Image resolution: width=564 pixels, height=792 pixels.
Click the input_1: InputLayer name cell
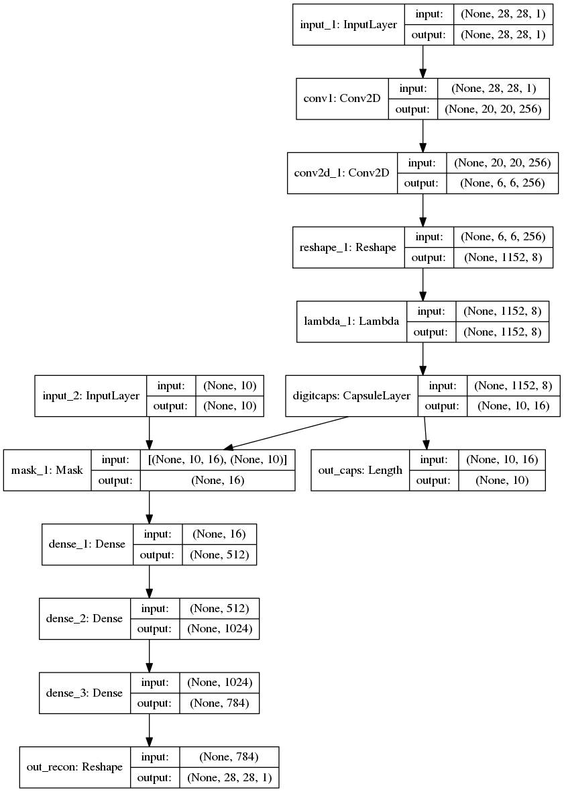pyautogui.click(x=349, y=24)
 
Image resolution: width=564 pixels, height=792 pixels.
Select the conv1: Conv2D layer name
pyautogui.click(x=342, y=99)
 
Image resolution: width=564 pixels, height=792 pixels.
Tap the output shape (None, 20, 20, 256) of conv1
pyautogui.click(x=494, y=109)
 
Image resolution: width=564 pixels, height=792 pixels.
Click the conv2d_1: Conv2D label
pyautogui.click(x=341, y=172)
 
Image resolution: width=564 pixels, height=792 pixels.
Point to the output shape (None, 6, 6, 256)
pyautogui.click(x=502, y=183)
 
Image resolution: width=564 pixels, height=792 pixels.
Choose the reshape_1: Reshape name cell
pyautogui.click(x=348, y=247)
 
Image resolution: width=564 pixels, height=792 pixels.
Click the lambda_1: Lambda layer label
pyautogui.click(x=351, y=321)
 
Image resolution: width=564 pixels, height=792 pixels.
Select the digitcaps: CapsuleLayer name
pyautogui.click(x=351, y=395)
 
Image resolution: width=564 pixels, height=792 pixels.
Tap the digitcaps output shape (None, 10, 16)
pyautogui.click(x=514, y=405)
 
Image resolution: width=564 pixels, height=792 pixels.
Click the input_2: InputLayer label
pyautogui.click(x=91, y=395)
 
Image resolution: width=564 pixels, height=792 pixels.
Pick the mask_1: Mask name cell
pyautogui.click(x=47, y=470)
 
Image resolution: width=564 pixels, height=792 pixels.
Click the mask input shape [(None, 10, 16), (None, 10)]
pyautogui.click(x=217, y=460)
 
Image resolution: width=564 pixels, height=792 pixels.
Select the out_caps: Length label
pyautogui.click(x=360, y=470)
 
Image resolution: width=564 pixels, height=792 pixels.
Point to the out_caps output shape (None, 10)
pyautogui.click(x=502, y=481)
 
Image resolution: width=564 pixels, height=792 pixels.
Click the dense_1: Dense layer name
pyautogui.click(x=87, y=544)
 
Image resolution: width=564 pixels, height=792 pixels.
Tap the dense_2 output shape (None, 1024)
pyautogui.click(x=219, y=629)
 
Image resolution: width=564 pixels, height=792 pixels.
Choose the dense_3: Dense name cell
pyautogui.click(x=84, y=693)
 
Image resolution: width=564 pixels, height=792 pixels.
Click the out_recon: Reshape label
pyautogui.click(x=74, y=766)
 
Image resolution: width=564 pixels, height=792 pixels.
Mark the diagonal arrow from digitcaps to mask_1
pyautogui.click(x=286, y=433)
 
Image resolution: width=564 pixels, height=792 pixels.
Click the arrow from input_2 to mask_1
pyautogui.click(x=150, y=433)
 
